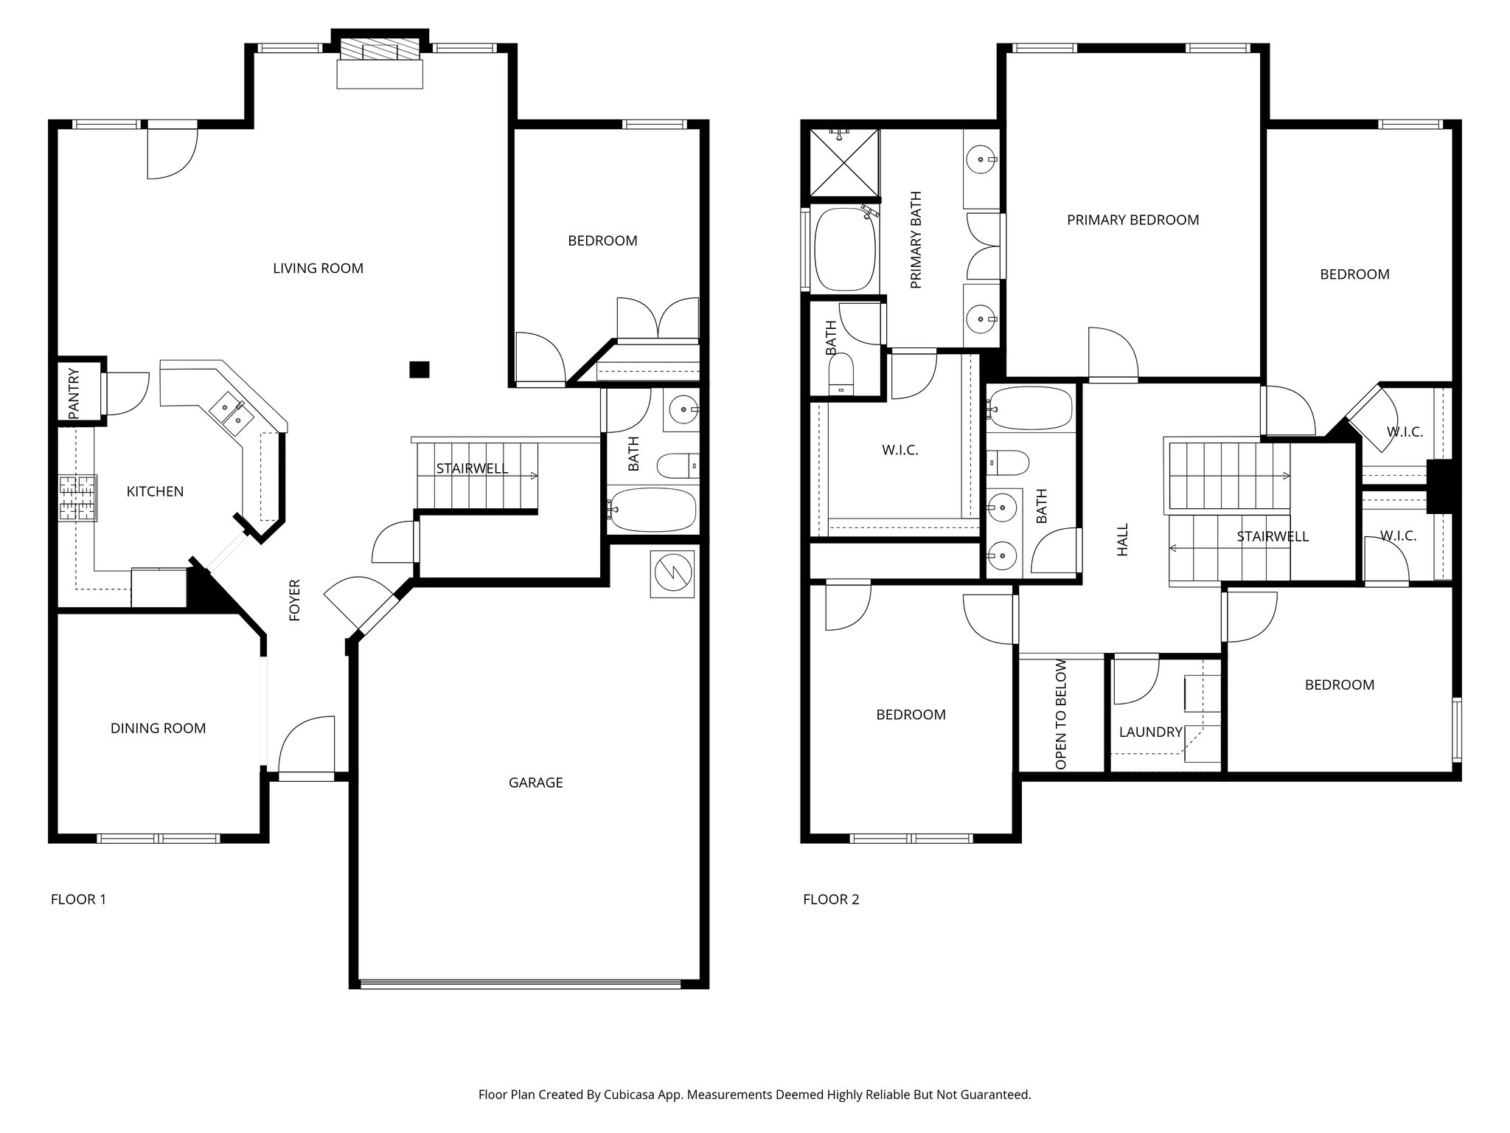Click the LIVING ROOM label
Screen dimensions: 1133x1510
point(318,268)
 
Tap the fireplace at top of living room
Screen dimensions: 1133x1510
point(380,52)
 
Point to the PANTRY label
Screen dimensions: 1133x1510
point(74,394)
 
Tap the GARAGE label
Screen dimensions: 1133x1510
point(535,783)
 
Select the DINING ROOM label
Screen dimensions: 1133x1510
point(158,728)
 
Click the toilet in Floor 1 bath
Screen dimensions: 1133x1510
point(676,465)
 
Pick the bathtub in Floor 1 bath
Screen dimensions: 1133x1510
point(652,510)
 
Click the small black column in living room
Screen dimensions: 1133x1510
point(419,369)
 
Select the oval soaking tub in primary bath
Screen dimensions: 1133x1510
point(846,249)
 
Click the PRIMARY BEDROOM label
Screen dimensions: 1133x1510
point(1132,220)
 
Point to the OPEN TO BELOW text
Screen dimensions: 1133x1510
point(1061,714)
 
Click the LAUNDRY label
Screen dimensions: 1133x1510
point(1150,732)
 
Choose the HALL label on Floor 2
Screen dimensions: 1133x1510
point(1122,540)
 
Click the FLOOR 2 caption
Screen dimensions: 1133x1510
point(831,899)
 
